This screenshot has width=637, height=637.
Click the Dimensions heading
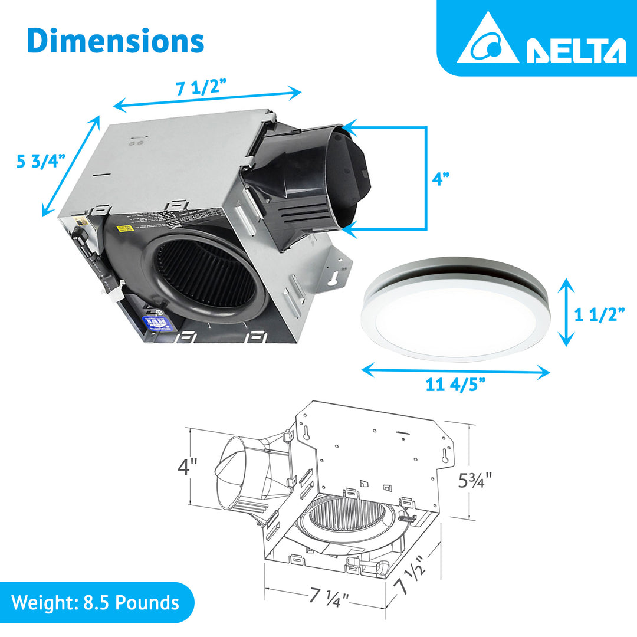(116, 41)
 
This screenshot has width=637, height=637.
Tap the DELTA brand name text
(575, 51)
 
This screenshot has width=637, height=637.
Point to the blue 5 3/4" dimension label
(40, 160)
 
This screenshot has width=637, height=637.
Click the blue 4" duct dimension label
(441, 179)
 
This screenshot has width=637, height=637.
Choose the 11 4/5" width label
(456, 385)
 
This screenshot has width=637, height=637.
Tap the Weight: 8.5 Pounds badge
(96, 602)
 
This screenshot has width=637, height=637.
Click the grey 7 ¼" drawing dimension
(329, 596)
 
